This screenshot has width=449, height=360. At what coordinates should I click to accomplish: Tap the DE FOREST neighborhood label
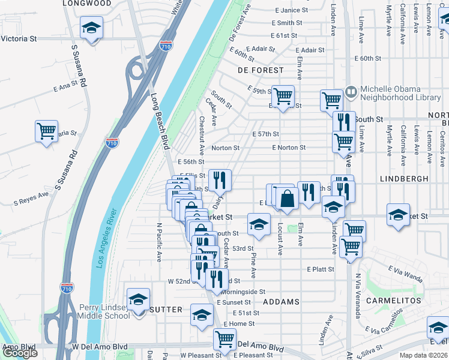point(260,70)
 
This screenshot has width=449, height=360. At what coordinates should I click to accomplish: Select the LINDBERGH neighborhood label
point(404,179)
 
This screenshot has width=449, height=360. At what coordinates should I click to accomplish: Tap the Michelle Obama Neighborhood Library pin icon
point(351,92)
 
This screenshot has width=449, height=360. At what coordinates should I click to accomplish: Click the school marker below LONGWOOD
point(92,28)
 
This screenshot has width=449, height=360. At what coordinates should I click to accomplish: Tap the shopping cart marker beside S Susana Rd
point(46,131)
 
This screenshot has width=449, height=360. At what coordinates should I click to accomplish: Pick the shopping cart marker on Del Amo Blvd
point(224,338)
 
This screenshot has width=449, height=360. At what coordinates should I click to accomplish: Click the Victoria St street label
point(19,38)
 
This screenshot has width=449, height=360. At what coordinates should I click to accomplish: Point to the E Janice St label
point(291,10)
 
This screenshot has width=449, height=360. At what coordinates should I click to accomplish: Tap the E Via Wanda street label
point(405,274)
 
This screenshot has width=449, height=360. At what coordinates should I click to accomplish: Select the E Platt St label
point(321,269)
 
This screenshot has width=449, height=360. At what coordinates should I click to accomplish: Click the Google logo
point(20,353)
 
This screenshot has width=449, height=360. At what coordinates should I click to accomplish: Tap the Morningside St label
point(243,292)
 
